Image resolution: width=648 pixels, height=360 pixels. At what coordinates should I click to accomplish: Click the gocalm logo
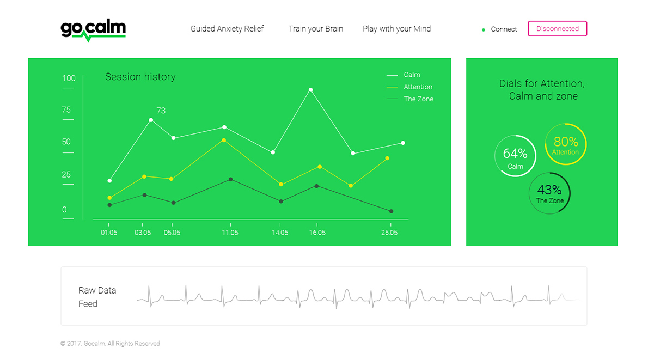click(x=93, y=30)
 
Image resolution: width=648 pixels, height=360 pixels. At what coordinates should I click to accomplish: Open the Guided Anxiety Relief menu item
click(x=227, y=29)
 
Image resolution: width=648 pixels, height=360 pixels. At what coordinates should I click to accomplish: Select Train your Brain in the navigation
click(x=316, y=29)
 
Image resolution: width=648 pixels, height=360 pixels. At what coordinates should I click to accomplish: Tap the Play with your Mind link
click(x=397, y=29)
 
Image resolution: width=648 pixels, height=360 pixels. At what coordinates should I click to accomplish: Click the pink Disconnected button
click(x=557, y=28)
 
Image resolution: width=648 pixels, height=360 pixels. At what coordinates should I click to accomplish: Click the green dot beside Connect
click(x=484, y=30)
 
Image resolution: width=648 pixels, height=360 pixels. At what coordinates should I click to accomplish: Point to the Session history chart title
click(x=140, y=77)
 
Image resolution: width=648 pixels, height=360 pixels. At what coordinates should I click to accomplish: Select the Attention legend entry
click(x=409, y=87)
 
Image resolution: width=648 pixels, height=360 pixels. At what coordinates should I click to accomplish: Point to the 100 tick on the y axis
click(x=69, y=78)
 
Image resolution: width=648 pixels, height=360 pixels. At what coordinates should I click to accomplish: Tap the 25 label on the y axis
click(x=66, y=174)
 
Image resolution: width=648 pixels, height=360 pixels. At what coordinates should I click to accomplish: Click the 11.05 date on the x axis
click(x=230, y=233)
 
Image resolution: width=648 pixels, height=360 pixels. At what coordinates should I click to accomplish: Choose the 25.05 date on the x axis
click(x=389, y=233)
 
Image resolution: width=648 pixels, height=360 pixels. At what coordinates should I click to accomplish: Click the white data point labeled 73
click(x=151, y=120)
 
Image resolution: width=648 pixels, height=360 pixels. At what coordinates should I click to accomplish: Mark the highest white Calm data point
click(x=311, y=90)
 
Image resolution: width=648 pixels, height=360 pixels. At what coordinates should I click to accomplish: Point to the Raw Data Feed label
click(x=97, y=297)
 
